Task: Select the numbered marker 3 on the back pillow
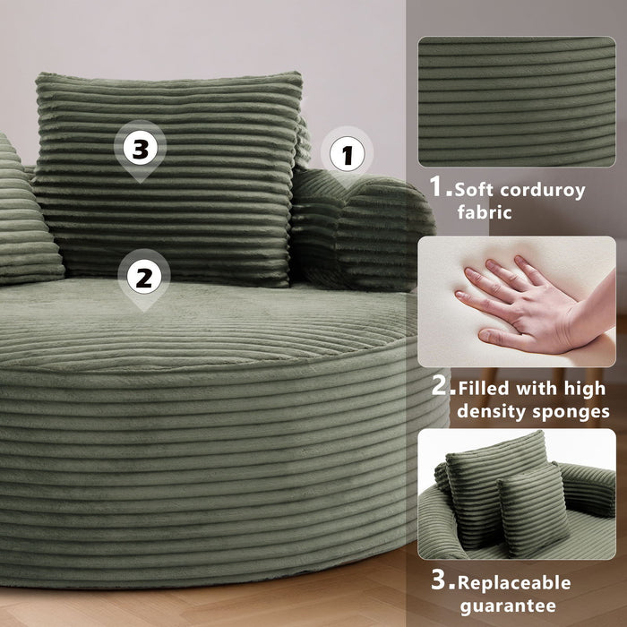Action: (140, 149)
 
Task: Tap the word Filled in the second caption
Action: (485, 390)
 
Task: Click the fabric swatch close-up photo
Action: (515, 100)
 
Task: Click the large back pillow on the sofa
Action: (166, 179)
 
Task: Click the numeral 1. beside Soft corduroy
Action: (439, 187)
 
